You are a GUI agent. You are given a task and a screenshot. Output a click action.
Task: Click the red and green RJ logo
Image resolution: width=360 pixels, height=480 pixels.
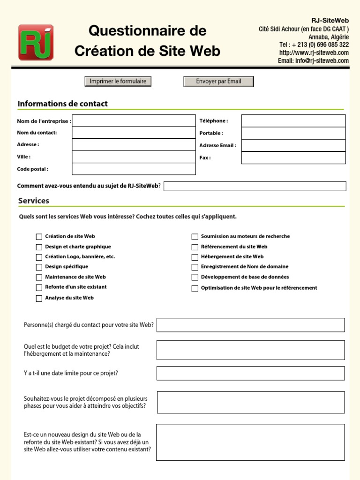[36, 43]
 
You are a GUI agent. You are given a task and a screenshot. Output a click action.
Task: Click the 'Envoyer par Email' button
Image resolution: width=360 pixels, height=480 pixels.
[218, 82]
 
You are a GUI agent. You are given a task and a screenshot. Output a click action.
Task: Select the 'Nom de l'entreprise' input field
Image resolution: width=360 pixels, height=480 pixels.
[134, 121]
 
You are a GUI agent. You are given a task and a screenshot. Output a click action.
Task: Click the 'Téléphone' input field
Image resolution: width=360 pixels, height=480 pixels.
[293, 121]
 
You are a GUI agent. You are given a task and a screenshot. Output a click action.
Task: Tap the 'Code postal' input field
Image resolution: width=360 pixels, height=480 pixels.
[134, 169]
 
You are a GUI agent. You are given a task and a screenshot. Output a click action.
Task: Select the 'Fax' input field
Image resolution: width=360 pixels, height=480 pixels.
[293, 158]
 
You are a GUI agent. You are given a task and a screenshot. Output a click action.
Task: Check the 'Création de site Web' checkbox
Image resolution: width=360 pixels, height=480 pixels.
[39, 237]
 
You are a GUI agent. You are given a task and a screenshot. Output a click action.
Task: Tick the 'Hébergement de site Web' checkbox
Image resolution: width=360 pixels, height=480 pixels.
[195, 257]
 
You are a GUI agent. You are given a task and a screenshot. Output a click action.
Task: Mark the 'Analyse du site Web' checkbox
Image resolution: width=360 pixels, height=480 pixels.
[39, 298]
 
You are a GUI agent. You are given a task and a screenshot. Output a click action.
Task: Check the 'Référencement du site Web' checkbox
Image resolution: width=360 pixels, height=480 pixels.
[195, 247]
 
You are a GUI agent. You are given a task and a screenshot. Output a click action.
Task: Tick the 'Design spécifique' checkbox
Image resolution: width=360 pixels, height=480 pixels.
[39, 267]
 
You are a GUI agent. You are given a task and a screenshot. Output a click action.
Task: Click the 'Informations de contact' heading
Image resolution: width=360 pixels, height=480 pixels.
[62, 104]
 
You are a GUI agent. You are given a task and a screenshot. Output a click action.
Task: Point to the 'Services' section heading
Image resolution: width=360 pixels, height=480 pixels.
[34, 201]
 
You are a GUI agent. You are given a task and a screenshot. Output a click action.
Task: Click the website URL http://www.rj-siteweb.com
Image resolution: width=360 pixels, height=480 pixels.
[314, 52]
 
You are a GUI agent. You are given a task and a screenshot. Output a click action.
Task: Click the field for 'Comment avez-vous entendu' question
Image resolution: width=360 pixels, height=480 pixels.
[255, 186]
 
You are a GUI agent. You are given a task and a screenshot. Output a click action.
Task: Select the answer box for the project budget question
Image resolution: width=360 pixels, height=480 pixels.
[250, 350]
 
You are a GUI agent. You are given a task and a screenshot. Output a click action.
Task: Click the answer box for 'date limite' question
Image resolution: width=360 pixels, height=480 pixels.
[250, 373]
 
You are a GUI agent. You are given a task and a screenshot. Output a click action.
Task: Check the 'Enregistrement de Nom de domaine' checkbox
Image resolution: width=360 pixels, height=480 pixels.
[195, 267]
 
